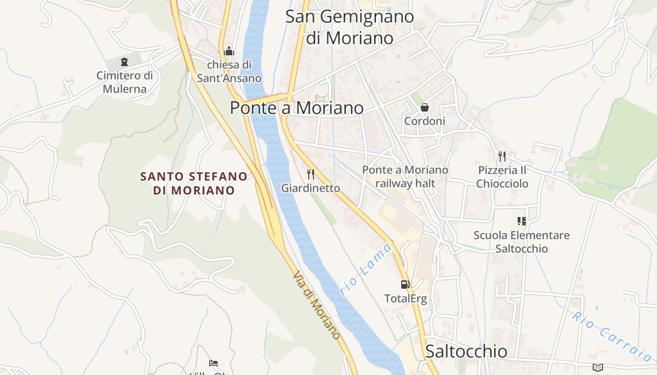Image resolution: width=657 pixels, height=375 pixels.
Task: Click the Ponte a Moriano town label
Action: [x=297, y=108]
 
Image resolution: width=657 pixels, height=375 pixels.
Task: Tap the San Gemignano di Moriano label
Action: [x=350, y=27]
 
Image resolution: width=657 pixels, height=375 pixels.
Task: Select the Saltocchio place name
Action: [x=466, y=351]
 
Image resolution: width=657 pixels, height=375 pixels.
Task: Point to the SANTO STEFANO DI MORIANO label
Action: [x=194, y=183]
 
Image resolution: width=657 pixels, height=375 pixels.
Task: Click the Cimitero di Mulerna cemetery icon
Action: [x=124, y=62]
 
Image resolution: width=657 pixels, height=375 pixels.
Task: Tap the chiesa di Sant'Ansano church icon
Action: [x=229, y=51]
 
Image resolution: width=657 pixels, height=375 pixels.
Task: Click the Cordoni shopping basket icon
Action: [x=425, y=107]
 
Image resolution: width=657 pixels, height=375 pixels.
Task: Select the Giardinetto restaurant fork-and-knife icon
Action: [x=310, y=174]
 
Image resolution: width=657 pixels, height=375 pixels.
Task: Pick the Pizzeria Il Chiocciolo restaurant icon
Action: [x=502, y=156]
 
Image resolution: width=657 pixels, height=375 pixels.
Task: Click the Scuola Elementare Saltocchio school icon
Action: [x=521, y=221]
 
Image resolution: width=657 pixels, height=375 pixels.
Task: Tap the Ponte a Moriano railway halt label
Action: [x=405, y=176]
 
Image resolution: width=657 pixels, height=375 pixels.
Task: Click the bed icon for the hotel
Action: [x=214, y=363]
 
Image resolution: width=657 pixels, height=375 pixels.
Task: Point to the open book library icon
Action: [x=597, y=367]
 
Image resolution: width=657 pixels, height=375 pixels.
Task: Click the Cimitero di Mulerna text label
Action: [x=125, y=82]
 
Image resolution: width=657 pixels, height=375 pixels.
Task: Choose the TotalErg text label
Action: [x=405, y=299]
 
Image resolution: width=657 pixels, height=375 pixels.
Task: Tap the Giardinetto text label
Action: [x=311, y=188]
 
